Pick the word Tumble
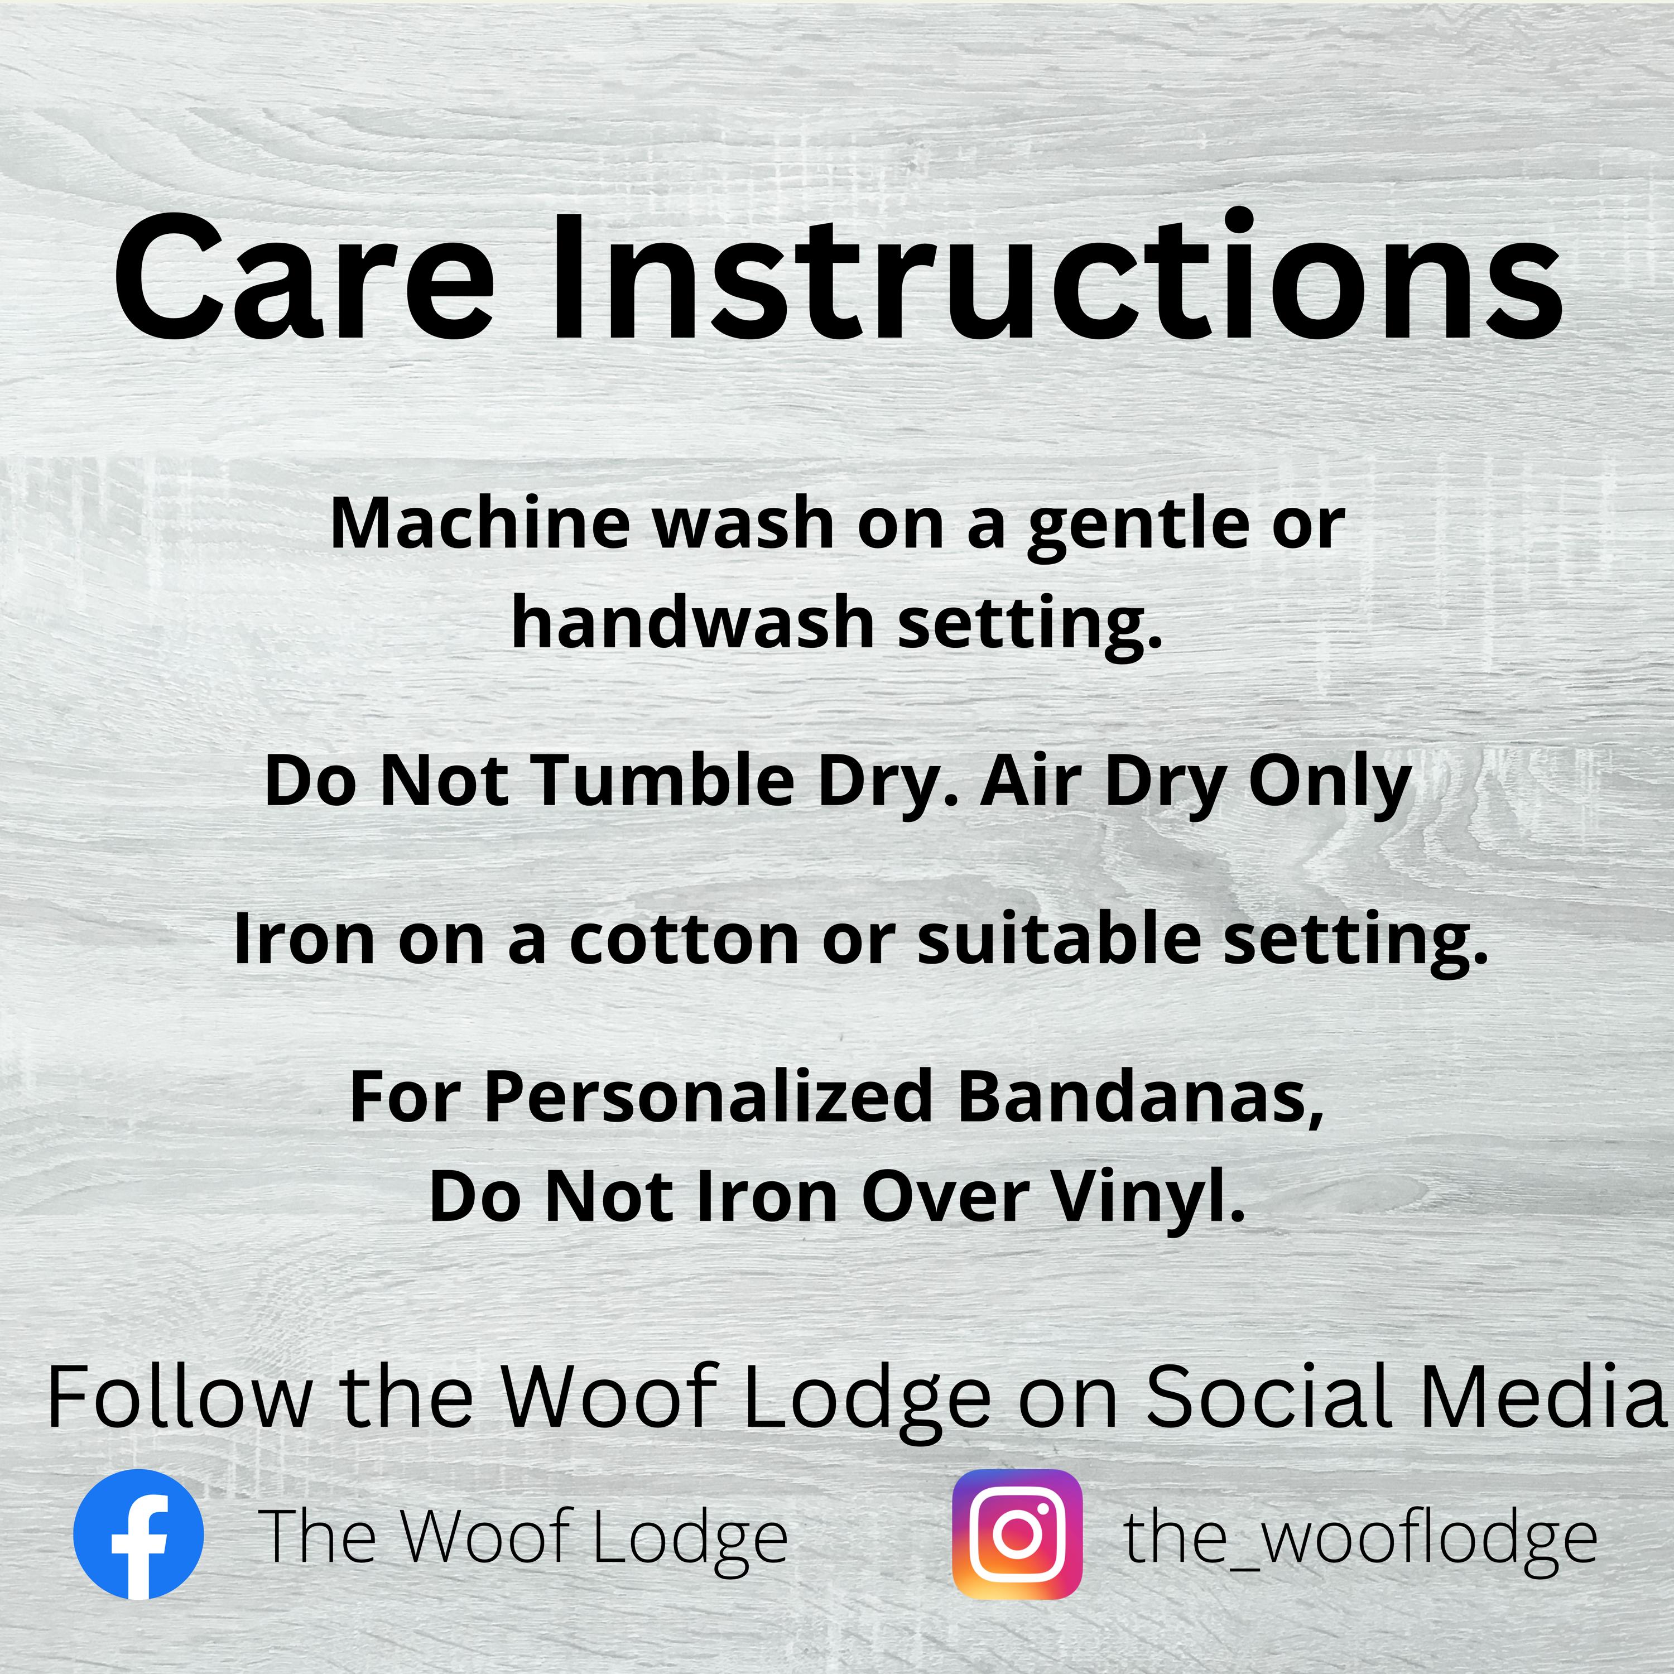pos(663,781)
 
